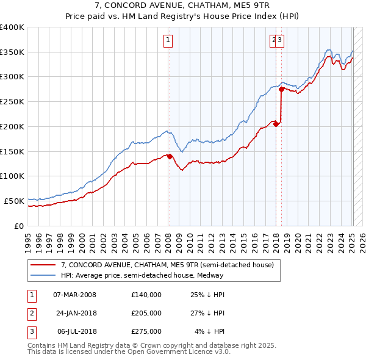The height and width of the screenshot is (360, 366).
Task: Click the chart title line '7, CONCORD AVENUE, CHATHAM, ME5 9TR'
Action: click(x=182, y=5)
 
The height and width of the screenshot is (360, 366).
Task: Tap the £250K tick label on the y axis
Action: click(x=12, y=101)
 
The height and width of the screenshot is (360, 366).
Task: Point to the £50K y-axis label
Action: click(x=15, y=201)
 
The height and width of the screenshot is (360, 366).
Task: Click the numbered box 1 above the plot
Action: click(x=167, y=41)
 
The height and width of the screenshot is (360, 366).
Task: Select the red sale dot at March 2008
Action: click(x=170, y=156)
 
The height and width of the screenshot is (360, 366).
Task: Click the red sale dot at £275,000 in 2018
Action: click(x=281, y=89)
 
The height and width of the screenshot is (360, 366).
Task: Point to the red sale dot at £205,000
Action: click(x=276, y=124)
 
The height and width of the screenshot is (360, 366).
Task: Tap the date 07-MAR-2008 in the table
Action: click(x=75, y=295)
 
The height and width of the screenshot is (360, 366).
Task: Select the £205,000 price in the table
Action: click(x=146, y=313)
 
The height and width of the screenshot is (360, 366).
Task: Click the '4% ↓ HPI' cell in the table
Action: click(x=210, y=331)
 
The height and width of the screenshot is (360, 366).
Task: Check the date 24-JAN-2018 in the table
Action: click(x=75, y=313)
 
